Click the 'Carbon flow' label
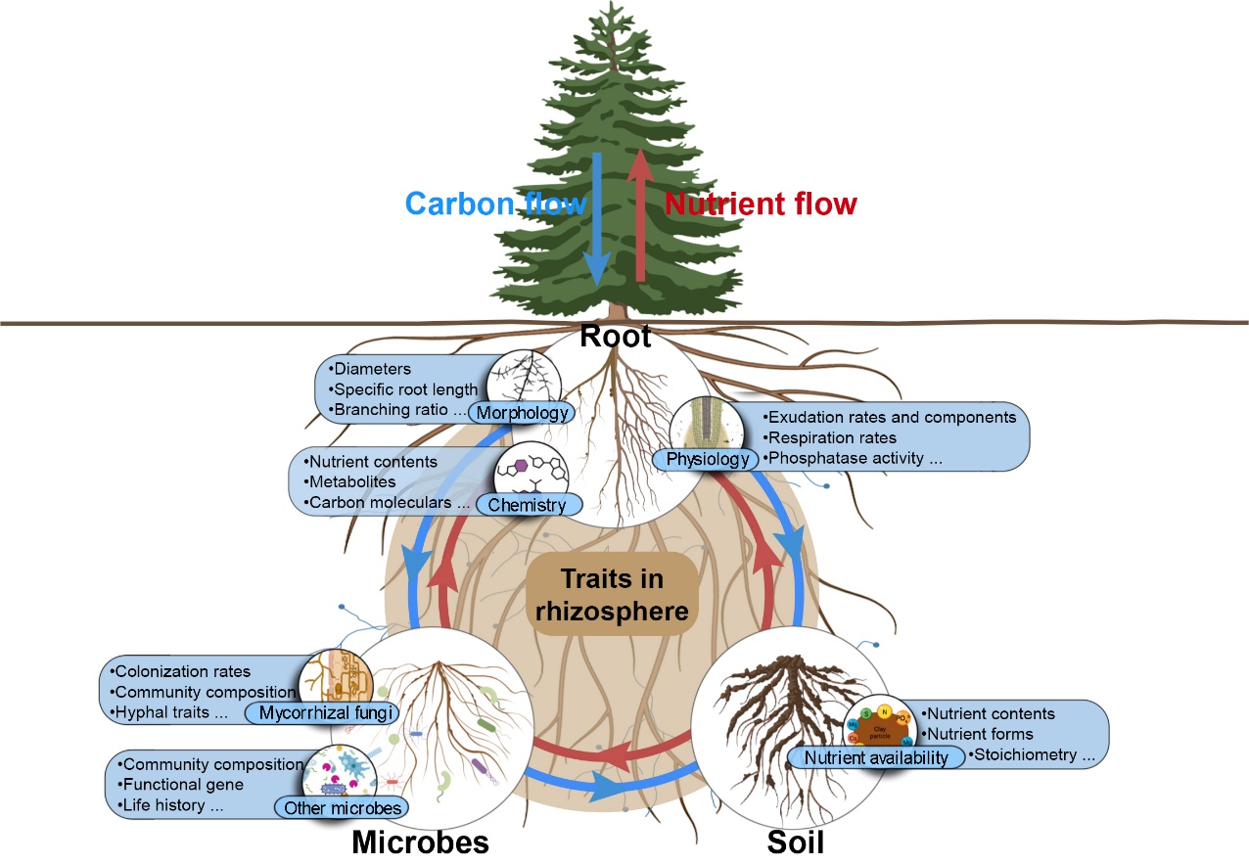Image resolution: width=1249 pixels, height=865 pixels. click(495, 204)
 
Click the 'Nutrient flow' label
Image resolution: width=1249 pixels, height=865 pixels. click(761, 204)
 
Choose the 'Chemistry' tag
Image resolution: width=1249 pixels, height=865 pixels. click(527, 505)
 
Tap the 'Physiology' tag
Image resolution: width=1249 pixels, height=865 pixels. click(708, 459)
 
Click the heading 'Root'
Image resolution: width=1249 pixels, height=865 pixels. click(615, 338)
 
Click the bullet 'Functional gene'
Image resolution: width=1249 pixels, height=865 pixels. click(183, 785)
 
